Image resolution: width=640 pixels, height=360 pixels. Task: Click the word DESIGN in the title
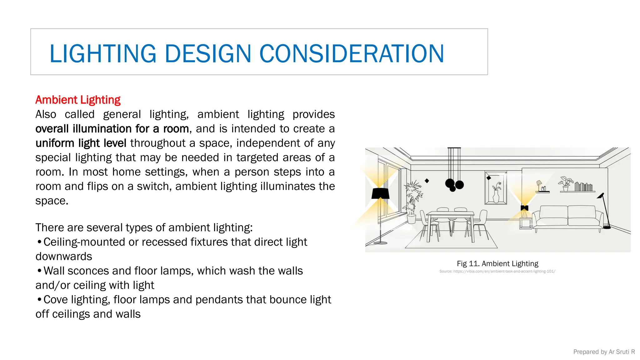(208, 53)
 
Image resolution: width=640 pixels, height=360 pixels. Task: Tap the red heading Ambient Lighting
(78, 100)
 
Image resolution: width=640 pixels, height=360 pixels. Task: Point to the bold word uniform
(55, 143)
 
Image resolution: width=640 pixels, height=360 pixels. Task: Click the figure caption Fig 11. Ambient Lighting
(497, 263)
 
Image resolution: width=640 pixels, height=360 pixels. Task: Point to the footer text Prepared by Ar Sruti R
(604, 352)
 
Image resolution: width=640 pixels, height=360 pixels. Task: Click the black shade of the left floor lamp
(380, 193)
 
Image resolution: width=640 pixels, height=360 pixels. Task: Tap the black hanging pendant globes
(454, 185)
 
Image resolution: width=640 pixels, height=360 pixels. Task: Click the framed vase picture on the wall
(496, 187)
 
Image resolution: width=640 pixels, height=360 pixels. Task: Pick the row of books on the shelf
(583, 187)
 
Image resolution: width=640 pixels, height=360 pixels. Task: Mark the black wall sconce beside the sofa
(524, 208)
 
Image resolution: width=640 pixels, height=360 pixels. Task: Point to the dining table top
(450, 213)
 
